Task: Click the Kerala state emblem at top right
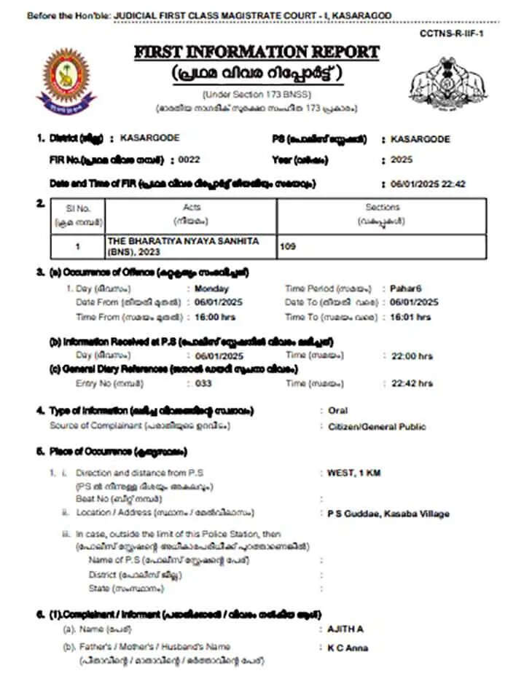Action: tap(442, 81)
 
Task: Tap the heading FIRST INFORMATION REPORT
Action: tap(257, 52)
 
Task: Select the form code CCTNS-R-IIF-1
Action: tap(452, 34)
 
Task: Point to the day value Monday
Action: tap(212, 288)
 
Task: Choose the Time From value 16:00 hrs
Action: tap(216, 317)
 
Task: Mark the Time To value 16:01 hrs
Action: tap(410, 317)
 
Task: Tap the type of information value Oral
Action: tap(338, 411)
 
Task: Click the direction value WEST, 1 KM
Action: tap(354, 473)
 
